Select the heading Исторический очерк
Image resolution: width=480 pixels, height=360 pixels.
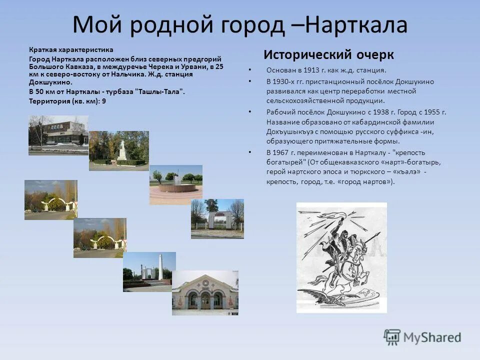(x=328, y=54)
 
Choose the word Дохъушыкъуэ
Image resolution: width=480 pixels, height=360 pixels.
(x=290, y=132)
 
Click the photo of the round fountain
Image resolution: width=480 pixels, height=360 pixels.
(x=175, y=184)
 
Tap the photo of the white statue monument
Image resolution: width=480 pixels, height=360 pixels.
(x=119, y=150)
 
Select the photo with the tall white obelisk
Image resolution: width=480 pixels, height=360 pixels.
(x=149, y=272)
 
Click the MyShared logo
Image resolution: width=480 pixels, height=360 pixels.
(x=422, y=337)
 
